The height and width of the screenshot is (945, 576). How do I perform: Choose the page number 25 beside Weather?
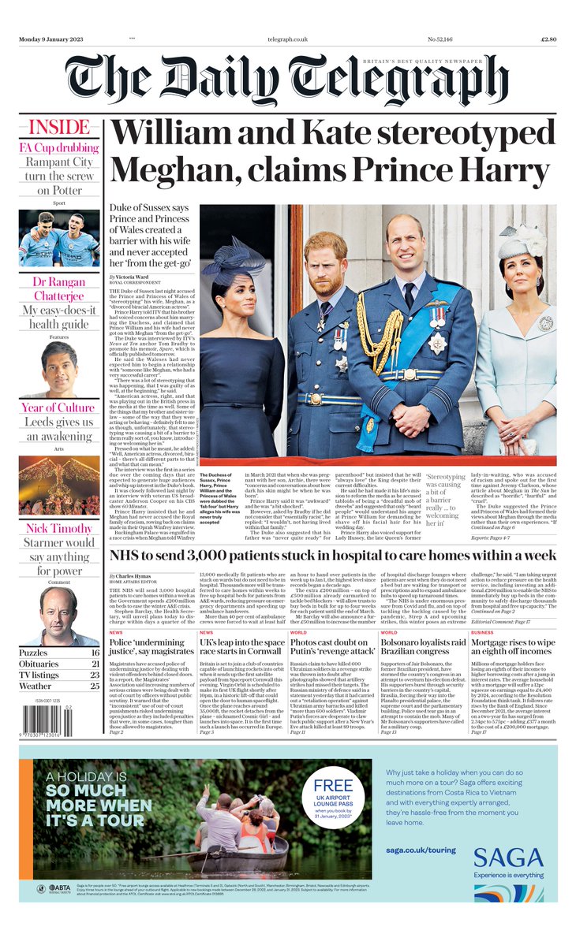95,686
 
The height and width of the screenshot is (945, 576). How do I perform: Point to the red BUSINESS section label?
483,632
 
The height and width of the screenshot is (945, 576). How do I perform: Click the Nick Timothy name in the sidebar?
59,528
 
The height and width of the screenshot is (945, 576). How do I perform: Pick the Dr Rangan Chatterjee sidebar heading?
59,288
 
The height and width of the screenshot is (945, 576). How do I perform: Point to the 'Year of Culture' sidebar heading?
59,407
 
